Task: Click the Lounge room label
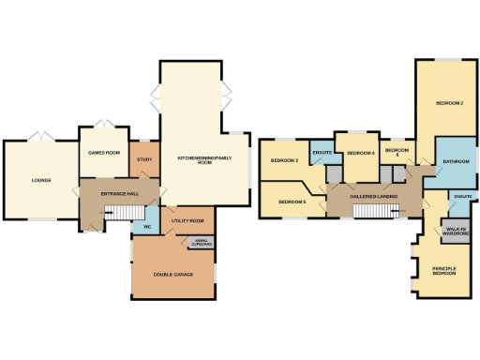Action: (x=40, y=180)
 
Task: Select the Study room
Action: (x=144, y=160)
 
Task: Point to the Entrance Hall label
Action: (x=121, y=193)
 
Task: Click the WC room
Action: (x=147, y=226)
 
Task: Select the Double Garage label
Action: (x=173, y=274)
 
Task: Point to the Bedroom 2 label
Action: (x=449, y=103)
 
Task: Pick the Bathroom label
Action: (x=456, y=162)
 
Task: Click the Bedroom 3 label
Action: (x=284, y=161)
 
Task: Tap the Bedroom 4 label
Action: (x=361, y=153)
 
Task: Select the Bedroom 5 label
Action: (x=293, y=202)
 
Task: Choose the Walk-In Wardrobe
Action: (x=457, y=230)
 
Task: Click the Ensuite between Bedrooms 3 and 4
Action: (x=321, y=152)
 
